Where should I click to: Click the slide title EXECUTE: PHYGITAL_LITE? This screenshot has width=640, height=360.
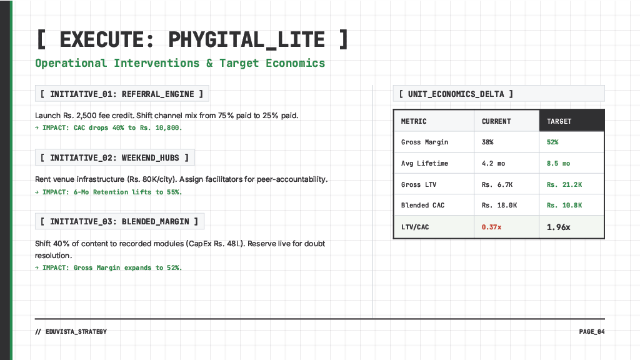192,40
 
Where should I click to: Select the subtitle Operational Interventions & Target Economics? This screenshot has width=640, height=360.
180,63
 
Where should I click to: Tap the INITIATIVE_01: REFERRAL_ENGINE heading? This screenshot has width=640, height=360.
122,94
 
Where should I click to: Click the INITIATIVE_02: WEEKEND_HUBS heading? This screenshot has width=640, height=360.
114,158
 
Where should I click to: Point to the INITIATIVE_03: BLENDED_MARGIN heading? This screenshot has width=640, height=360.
119,221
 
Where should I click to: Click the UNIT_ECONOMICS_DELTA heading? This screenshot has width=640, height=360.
456,94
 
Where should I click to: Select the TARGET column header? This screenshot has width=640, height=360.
559,121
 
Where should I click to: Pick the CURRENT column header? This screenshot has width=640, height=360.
496,121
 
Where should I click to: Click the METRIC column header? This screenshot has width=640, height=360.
414,121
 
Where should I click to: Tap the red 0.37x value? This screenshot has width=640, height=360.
491,227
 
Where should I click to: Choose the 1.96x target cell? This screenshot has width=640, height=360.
558,227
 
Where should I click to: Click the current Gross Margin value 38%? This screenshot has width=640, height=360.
487,142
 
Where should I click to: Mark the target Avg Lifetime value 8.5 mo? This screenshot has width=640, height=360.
558,164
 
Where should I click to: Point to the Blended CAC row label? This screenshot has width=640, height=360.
422,206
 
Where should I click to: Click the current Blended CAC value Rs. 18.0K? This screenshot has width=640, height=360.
499,206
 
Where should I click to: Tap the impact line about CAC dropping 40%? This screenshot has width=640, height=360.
109,127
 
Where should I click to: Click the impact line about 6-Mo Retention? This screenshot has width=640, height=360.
109,192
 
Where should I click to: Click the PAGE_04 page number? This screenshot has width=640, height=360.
592,332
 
